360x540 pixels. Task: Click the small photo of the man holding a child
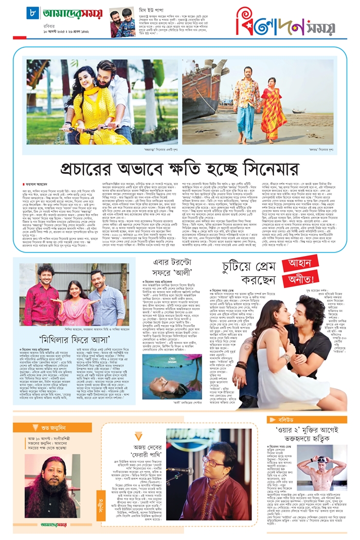121,23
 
